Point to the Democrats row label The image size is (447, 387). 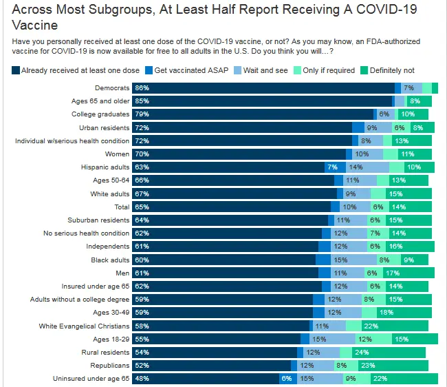[x=112, y=88]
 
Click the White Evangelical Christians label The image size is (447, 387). [x=84, y=326]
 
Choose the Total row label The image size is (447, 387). [x=121, y=207]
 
